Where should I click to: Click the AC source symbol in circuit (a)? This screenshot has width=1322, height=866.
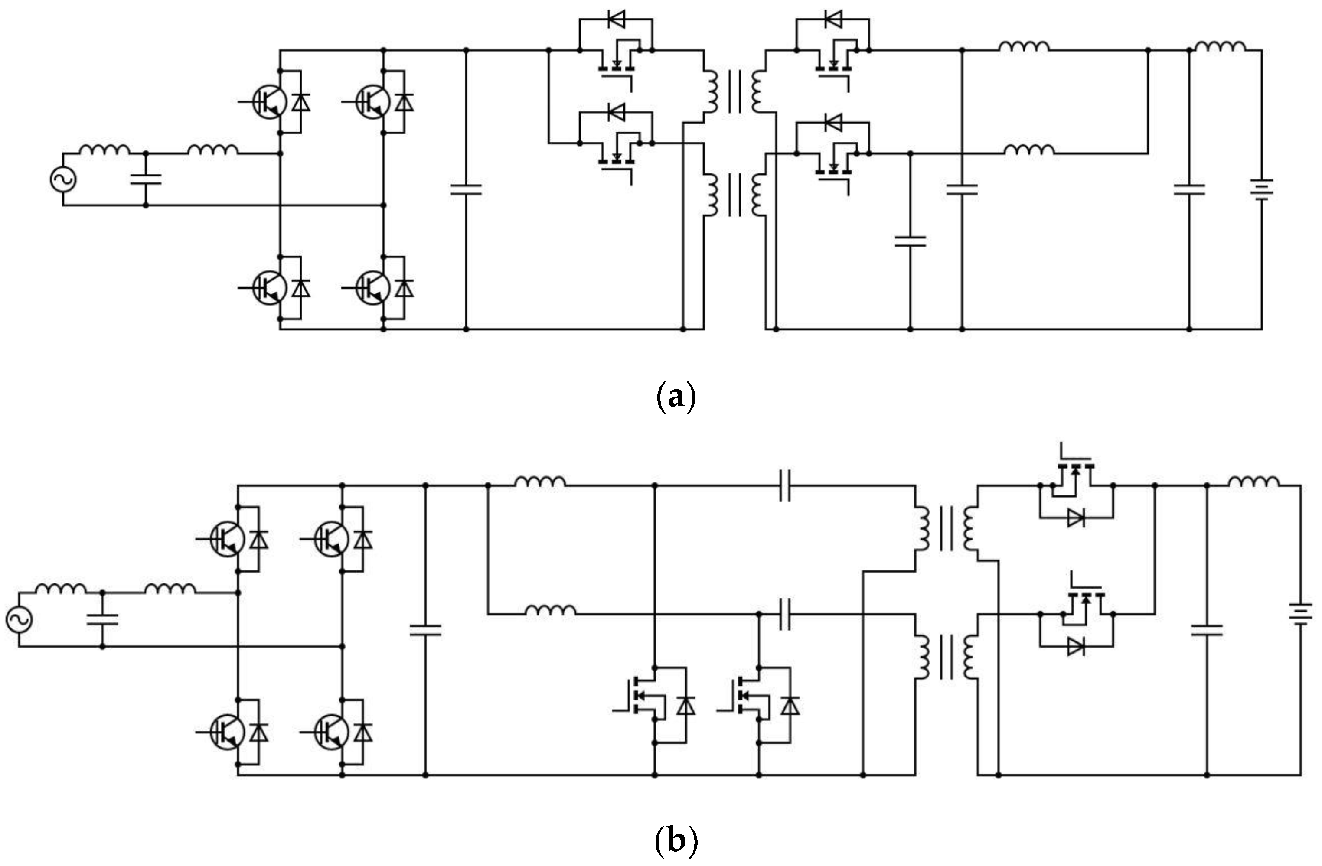click(63, 179)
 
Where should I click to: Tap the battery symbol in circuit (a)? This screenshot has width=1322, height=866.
click(1261, 190)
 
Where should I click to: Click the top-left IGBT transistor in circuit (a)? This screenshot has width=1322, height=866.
click(269, 101)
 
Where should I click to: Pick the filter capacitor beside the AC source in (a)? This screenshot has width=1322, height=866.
click(146, 179)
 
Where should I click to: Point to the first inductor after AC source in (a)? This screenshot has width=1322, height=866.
click(104, 150)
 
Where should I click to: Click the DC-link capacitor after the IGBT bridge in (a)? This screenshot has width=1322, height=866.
click(466, 189)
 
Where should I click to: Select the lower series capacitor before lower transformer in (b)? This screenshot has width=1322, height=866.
click(784, 615)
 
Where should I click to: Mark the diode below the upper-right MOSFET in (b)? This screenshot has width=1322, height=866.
click(1076, 518)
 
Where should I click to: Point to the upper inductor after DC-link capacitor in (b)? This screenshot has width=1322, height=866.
click(540, 482)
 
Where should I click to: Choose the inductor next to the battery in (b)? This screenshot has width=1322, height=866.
click(1253, 482)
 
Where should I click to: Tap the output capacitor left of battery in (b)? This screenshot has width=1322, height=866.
click(1207, 630)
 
